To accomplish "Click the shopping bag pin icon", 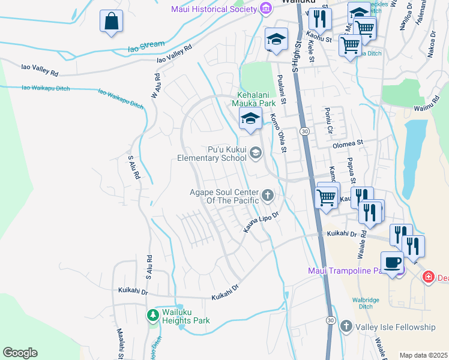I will pos(112,22).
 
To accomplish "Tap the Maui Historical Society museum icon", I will pos(265,8).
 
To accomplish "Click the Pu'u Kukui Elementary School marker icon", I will pos(256,153).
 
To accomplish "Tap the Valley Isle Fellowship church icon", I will pos(346,326).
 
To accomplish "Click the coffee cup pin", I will pos(393,262).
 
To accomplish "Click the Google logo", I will pos(20,353).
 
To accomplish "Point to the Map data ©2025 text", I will pos(423,355).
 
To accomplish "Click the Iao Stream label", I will pos(145,46).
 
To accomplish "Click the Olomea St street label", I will pos(348,143).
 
